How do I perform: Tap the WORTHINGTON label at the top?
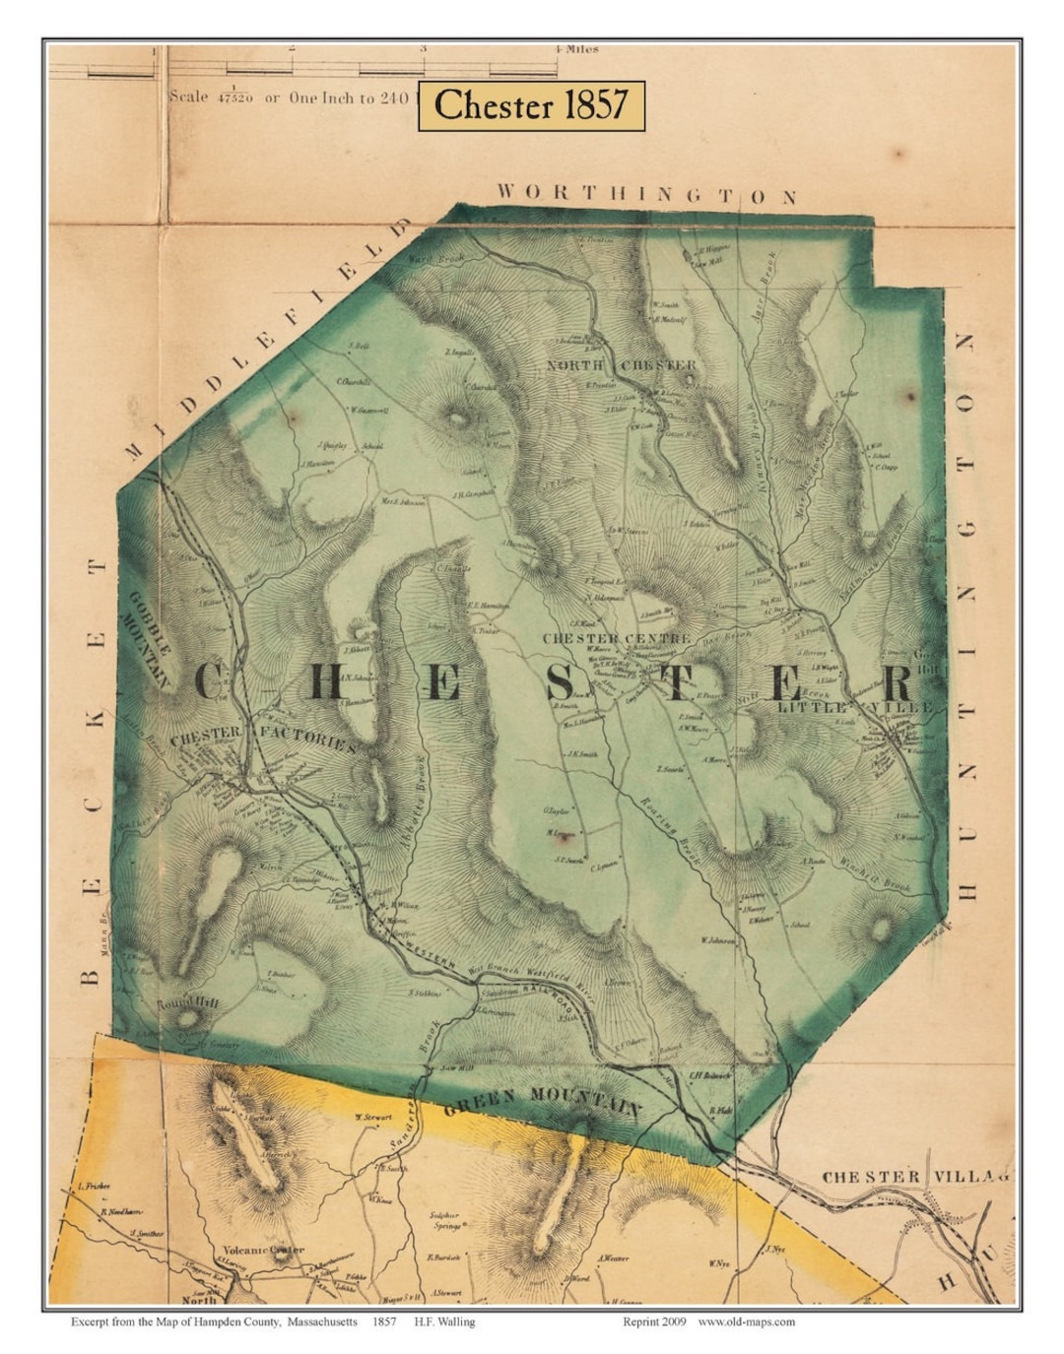coord(646,194)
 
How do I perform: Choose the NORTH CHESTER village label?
coord(623,365)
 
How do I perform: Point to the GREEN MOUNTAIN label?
coord(543,1100)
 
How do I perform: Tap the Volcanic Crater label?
coord(263,1251)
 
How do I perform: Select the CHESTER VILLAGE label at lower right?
coord(916,1177)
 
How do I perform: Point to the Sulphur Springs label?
coord(446,1221)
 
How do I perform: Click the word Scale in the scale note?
coord(189,97)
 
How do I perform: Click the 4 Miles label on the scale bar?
coord(576,47)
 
